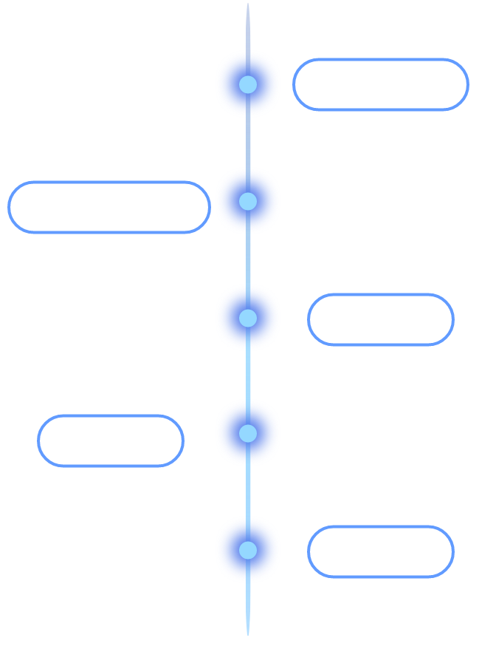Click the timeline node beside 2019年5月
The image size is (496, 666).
coord(248,84)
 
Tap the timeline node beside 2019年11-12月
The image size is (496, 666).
coord(248,200)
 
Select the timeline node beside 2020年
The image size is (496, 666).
coord(248,318)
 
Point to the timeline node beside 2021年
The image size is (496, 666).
coord(248,433)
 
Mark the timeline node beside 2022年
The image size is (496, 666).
coord(248,550)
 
